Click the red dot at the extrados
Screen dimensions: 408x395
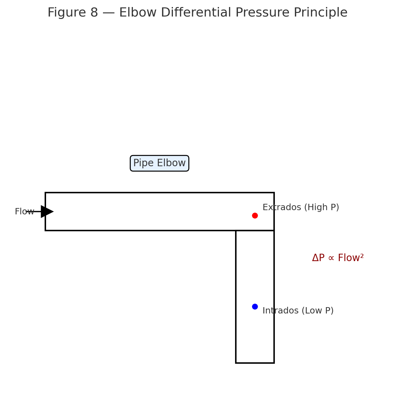point(255,215)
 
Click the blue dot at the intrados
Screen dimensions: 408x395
point(255,306)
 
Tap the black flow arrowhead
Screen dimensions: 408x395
point(47,212)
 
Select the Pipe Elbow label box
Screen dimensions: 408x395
point(160,163)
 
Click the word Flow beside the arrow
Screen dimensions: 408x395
point(24,212)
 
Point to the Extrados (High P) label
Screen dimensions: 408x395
point(300,208)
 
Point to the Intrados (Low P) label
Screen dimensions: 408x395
point(298,311)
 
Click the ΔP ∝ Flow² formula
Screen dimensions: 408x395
point(338,258)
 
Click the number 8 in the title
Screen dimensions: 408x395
point(94,13)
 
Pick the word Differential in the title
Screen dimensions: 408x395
point(187,13)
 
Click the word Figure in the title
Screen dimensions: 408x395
point(66,13)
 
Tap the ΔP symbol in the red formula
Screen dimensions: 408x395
point(318,258)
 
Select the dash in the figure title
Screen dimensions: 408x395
point(109,13)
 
